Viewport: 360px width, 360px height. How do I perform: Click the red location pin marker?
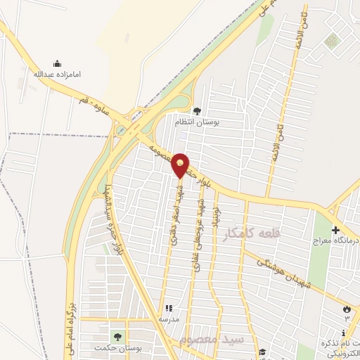coord(181,165)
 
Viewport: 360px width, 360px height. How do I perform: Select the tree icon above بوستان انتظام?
coord(196,110)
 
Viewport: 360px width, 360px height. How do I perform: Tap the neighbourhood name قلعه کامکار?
coord(250,234)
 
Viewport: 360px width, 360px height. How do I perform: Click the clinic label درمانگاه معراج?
coord(335,240)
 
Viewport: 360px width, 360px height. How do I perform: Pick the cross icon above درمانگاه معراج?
coord(335,230)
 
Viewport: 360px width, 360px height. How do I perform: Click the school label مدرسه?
coord(169,319)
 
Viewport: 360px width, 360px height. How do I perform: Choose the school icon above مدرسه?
coord(169,308)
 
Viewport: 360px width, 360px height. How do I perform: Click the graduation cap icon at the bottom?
coord(262,352)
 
